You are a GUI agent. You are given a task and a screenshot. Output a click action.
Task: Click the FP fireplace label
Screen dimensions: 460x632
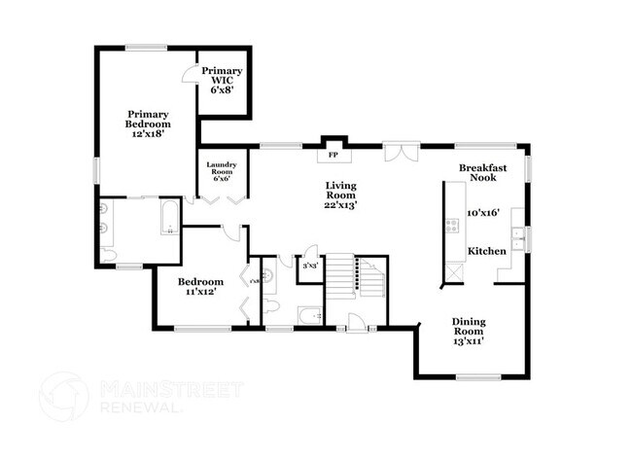pos(333,155)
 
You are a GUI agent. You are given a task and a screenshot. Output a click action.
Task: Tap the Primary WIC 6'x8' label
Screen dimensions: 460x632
pos(222,78)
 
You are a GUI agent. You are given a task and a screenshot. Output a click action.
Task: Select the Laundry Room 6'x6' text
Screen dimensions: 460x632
pos(220,172)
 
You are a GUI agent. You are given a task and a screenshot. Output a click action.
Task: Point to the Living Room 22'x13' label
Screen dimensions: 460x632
pos(340,195)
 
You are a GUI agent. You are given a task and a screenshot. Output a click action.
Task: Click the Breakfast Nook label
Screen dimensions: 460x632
pos(483,173)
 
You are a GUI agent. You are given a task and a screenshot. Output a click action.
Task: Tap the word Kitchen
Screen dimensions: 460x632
pos(486,251)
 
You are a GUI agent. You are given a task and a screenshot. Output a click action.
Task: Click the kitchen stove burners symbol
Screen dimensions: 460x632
pos(452,226)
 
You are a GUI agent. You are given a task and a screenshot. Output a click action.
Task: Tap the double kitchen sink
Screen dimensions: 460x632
pos(519,236)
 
